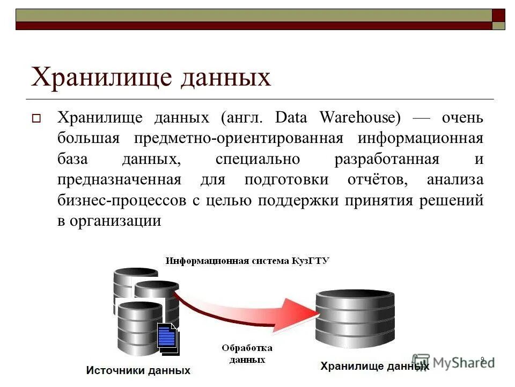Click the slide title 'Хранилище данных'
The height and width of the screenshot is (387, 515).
tap(151, 77)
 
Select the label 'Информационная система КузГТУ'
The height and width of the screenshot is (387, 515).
tap(247, 261)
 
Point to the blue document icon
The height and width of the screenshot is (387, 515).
tap(168, 338)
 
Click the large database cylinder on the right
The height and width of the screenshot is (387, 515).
tap(356, 318)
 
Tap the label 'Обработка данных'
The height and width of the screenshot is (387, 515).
tap(247, 354)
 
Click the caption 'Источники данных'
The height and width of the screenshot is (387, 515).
tap(138, 370)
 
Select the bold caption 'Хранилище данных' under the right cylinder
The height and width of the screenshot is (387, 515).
tap(374, 367)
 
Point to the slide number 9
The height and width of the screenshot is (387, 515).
tap(482, 359)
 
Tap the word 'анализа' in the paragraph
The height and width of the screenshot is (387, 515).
tap(455, 180)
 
